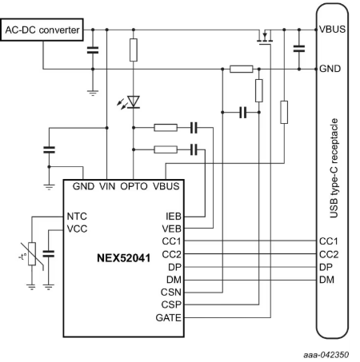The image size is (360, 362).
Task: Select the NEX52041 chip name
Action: click(123, 258)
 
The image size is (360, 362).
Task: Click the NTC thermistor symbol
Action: click(32, 254)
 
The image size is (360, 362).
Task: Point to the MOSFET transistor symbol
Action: click(265, 38)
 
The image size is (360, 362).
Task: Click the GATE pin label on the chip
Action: click(168, 317)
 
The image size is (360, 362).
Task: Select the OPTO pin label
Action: click(134, 186)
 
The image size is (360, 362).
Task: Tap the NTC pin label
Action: click(77, 217)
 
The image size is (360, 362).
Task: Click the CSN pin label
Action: click(171, 292)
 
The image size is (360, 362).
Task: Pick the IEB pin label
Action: click(174, 217)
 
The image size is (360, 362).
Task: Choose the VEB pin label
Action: click(171, 229)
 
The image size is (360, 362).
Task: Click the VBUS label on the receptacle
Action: click(332, 29)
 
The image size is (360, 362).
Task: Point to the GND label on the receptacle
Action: click(330, 69)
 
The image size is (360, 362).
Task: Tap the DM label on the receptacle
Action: click(326, 280)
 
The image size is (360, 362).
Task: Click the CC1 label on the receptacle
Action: click(329, 241)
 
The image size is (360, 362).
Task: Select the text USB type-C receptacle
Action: click(334, 169)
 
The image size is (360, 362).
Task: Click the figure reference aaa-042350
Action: click(326, 355)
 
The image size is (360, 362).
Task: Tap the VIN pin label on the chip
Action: click(107, 186)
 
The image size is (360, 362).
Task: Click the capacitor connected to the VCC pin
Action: click(49, 253)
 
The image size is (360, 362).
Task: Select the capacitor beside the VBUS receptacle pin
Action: click(299, 49)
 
